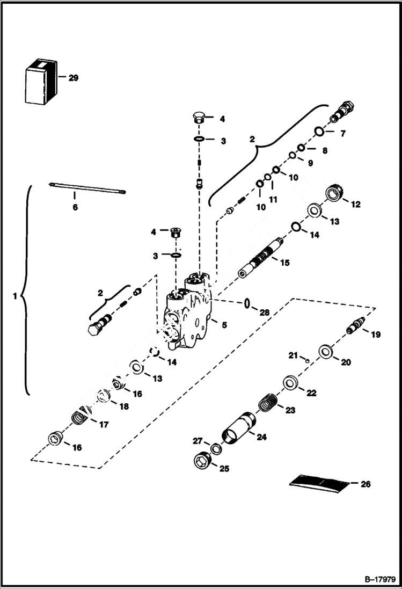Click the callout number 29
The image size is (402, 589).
pos(73,78)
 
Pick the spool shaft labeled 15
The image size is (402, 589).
pos(261,258)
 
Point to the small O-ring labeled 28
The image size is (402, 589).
pos(247,304)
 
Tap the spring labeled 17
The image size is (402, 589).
pos(81,417)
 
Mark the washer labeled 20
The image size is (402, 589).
pos(325,353)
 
